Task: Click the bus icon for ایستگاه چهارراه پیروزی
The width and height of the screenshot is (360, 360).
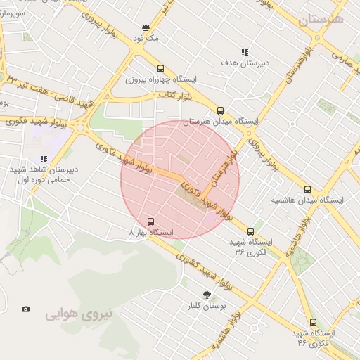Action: coord(161,69)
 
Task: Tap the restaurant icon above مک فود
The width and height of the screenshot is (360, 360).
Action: coord(146,28)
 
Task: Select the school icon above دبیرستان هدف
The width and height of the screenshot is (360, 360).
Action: coord(245,52)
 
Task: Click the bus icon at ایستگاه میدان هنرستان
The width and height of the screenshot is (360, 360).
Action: coord(220,110)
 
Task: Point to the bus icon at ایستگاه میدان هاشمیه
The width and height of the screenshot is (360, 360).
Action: coord(307,189)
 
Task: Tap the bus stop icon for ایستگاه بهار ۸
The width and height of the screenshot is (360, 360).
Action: coord(151,221)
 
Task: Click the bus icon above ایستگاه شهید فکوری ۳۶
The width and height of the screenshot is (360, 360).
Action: coord(250,231)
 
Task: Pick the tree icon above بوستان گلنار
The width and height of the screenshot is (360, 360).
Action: coord(207,295)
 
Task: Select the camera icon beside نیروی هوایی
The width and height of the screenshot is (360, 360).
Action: coord(26,309)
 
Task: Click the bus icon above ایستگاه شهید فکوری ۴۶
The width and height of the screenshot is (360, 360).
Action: coord(313,322)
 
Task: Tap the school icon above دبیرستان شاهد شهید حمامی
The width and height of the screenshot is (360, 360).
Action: coord(44,159)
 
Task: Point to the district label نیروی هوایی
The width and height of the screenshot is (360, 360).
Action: coord(79,314)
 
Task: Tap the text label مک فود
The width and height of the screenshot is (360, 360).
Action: coord(149,39)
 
